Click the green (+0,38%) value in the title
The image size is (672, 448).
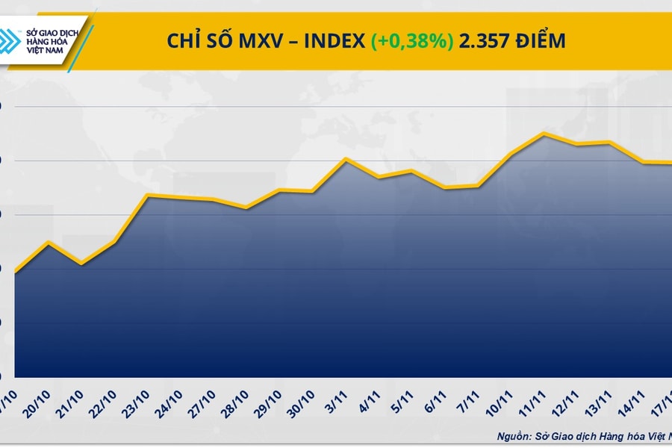(412, 41)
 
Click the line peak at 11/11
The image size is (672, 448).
(545, 134)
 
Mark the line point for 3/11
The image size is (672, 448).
(346, 158)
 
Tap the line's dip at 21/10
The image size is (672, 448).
(81, 264)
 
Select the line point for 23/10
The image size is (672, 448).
(147, 195)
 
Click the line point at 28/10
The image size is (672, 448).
(246, 207)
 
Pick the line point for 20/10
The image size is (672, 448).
(49, 242)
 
